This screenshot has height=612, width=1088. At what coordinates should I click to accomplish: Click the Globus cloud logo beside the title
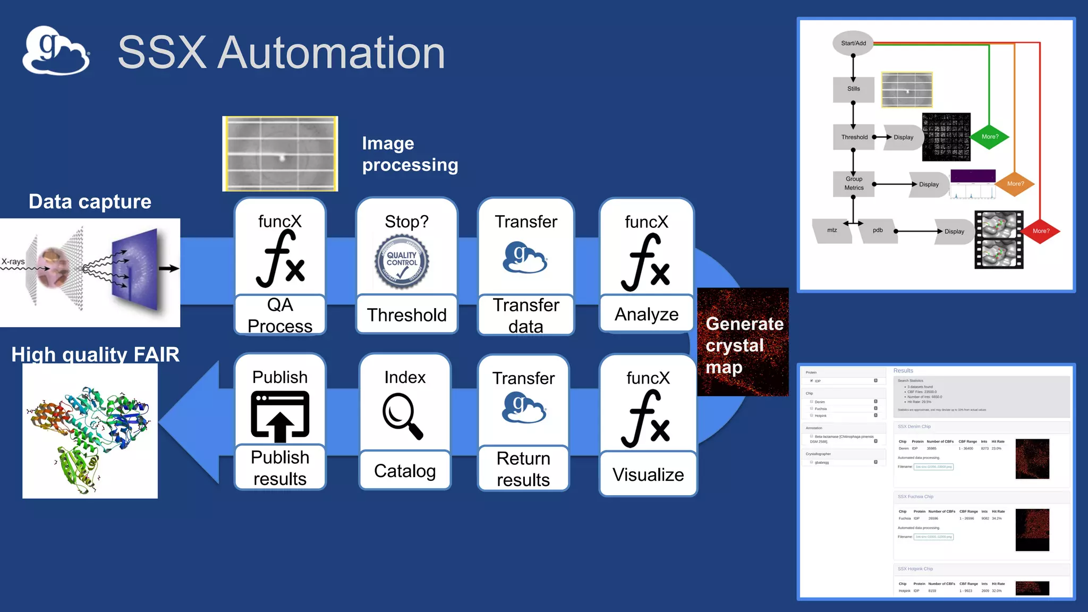(56, 50)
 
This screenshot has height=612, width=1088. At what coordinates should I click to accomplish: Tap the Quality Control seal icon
(402, 261)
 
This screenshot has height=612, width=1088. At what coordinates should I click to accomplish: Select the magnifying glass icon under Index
(403, 416)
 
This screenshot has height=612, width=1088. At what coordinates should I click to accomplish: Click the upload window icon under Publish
(280, 416)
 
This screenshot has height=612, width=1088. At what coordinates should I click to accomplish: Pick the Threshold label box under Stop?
(407, 314)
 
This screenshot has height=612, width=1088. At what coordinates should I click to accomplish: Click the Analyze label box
(647, 314)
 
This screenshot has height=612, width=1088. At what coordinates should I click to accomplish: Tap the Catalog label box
(405, 470)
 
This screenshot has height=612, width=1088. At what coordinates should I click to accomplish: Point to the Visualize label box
(648, 474)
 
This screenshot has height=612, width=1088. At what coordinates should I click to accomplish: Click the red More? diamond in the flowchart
(1041, 231)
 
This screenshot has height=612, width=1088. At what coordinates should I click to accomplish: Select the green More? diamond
(990, 137)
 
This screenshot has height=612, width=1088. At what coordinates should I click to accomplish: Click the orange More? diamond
(1015, 184)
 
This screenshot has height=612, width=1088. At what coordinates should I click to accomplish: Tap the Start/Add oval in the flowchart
(853, 43)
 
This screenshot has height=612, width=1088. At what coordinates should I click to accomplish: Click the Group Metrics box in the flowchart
(854, 183)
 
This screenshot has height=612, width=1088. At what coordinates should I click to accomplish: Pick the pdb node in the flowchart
(878, 231)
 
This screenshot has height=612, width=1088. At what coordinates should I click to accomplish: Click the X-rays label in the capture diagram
(13, 261)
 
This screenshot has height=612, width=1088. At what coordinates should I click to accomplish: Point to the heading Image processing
(410, 154)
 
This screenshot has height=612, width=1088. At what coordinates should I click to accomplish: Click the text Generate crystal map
(744, 345)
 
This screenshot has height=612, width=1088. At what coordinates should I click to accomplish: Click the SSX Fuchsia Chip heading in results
(915, 497)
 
